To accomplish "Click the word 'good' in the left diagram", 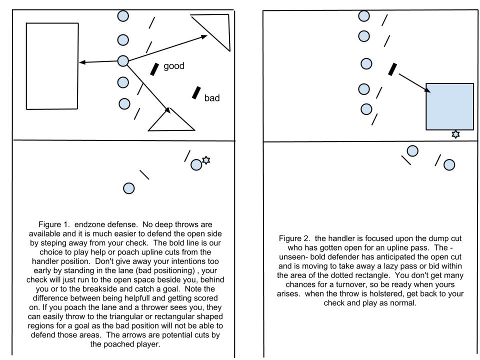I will tap(174, 66).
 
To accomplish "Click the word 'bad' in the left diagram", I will tap(212, 98).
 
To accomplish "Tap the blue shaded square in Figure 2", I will tap(449, 106).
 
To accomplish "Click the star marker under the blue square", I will tap(455, 134).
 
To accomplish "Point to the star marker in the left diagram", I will tap(205, 160).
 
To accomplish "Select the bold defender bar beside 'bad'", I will tap(196, 92).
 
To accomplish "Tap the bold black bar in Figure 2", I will tap(393, 69).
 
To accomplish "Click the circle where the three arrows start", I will tap(123, 61).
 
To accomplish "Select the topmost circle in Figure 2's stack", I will tap(364, 16).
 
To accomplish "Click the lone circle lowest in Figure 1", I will tap(128, 188).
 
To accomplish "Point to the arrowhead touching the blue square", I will tap(427, 90).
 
